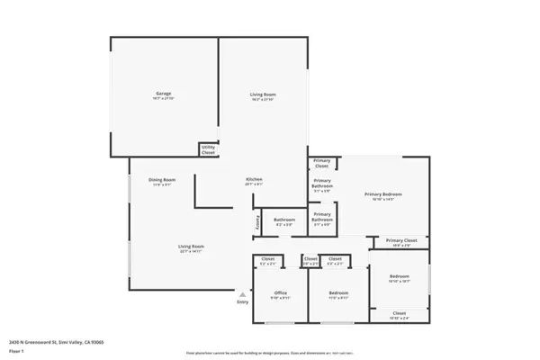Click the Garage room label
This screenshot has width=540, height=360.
(163, 94)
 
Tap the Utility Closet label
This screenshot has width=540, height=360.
(208, 149)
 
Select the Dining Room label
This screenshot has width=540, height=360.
(162, 180)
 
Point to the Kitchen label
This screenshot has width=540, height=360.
(254, 180)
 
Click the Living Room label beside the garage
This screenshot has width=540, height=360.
(263, 94)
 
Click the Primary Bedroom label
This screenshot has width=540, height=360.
(382, 194)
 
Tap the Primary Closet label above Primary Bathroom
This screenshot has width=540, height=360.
(322, 163)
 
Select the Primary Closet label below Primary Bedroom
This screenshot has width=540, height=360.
(401, 240)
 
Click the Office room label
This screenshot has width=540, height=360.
(281, 292)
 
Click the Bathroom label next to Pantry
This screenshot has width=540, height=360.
(285, 220)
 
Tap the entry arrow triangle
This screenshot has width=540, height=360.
(242, 293)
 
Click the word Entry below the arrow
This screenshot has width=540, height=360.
(242, 302)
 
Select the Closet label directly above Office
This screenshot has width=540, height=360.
(268, 259)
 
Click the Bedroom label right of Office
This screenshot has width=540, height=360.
(338, 292)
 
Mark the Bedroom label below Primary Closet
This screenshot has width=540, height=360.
(399, 275)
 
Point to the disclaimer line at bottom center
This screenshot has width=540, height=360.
(270, 352)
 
